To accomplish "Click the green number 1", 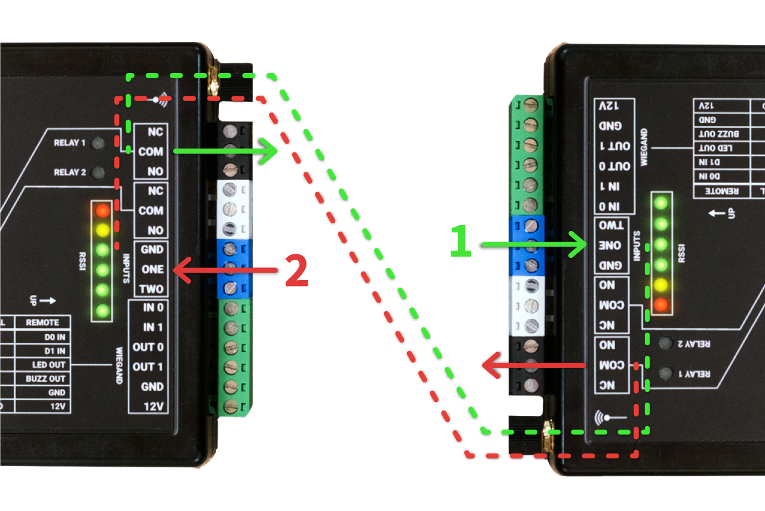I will [461, 242].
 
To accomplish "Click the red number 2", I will [296, 271].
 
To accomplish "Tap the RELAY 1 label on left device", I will [70, 143].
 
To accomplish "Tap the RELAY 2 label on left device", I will [70, 172].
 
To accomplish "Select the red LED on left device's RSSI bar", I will [103, 211].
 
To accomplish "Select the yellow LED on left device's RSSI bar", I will [103, 230].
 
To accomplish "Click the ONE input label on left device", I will [152, 269].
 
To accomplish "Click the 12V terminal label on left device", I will [154, 406].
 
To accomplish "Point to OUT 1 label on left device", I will [148, 367].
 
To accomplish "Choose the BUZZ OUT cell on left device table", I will [46, 378].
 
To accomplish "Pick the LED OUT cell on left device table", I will [48, 364].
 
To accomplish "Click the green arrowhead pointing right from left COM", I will [272, 151].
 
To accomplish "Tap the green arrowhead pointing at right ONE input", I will [580, 244].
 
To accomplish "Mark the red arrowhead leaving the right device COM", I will [490, 365].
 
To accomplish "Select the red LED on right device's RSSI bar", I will [661, 305].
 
